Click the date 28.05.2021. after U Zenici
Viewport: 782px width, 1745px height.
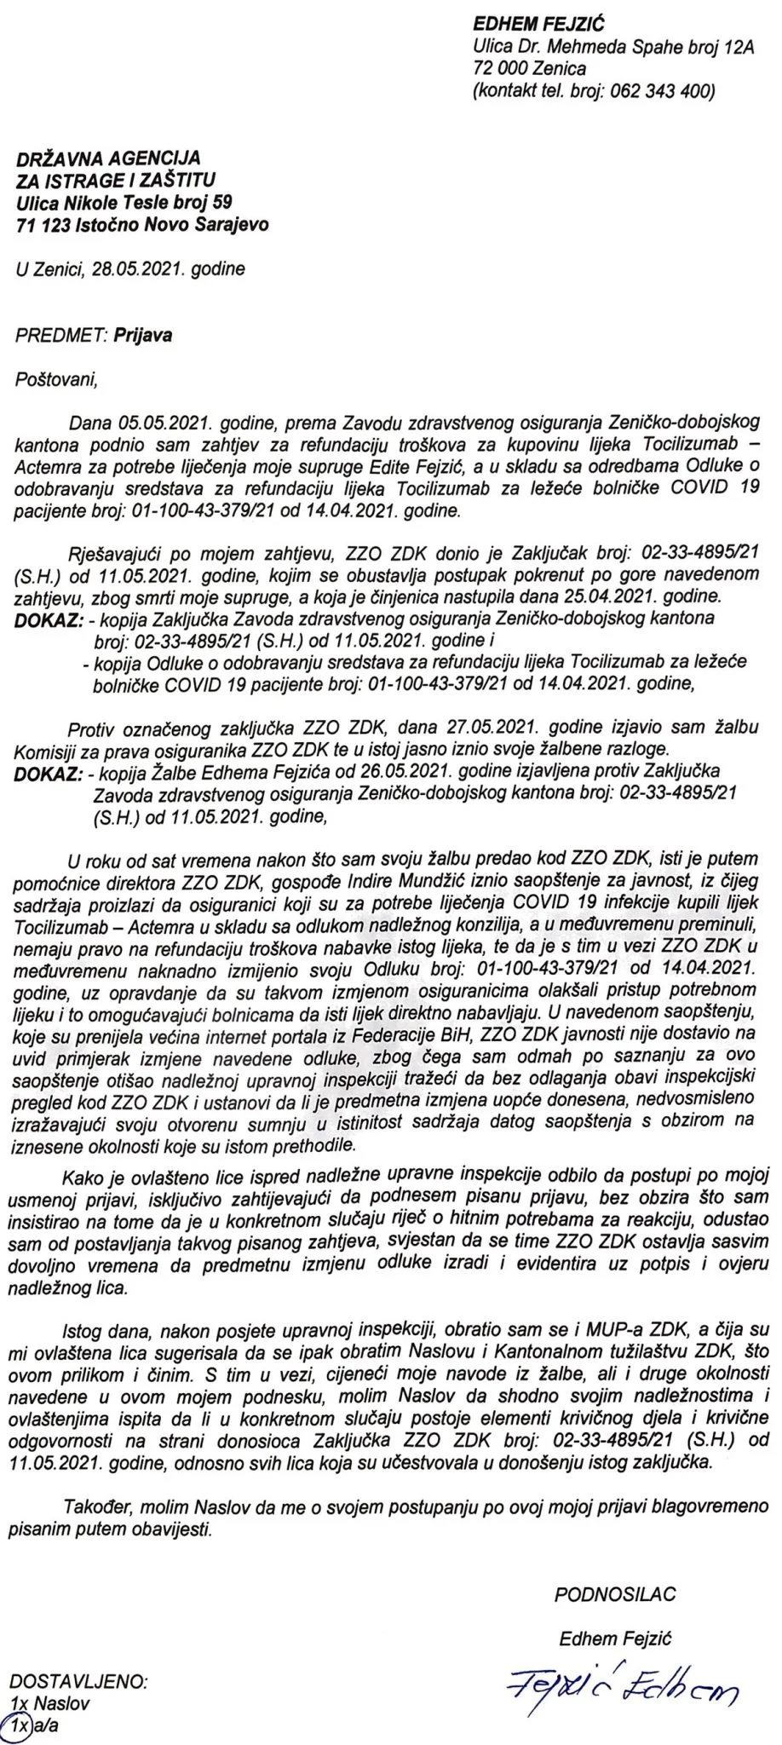pos(143,269)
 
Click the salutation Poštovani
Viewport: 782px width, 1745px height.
pos(57,380)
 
